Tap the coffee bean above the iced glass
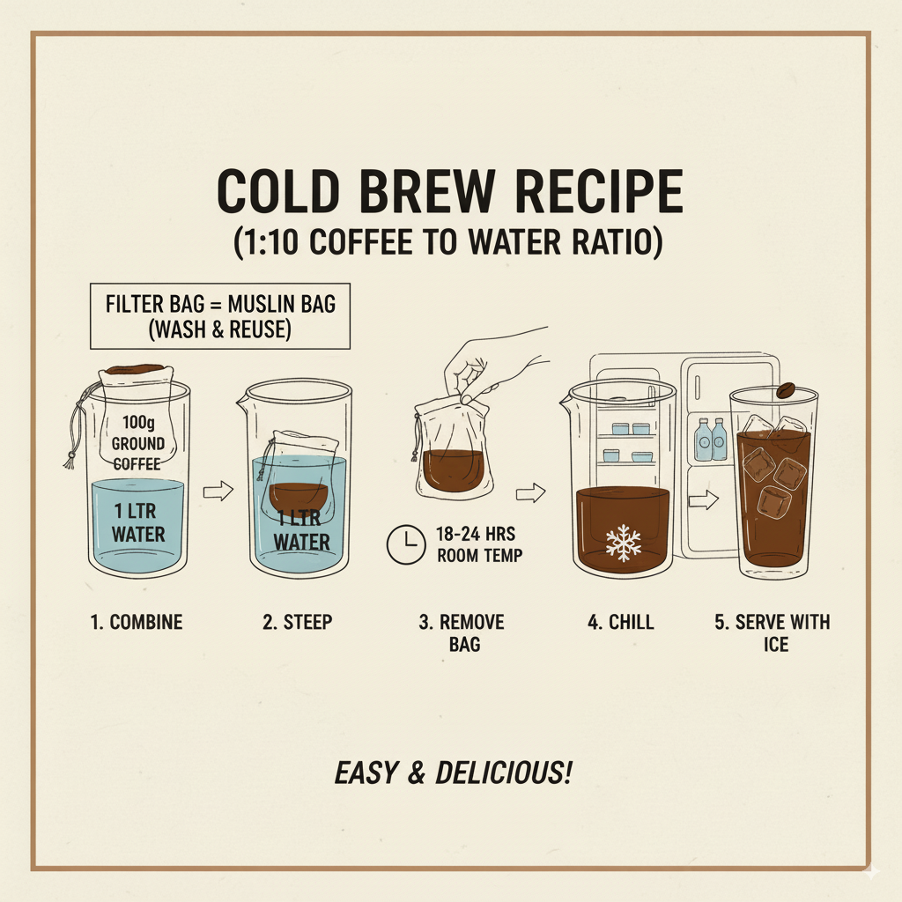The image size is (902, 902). point(787,391)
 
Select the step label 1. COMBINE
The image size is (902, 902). point(136,622)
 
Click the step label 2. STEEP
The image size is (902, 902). point(298,622)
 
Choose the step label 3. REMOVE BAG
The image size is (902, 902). point(462,632)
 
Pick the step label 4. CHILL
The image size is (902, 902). point(621,622)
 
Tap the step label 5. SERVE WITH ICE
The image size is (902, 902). point(773,632)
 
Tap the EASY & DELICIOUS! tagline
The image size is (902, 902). point(454,773)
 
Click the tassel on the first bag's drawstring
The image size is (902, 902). point(67,460)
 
